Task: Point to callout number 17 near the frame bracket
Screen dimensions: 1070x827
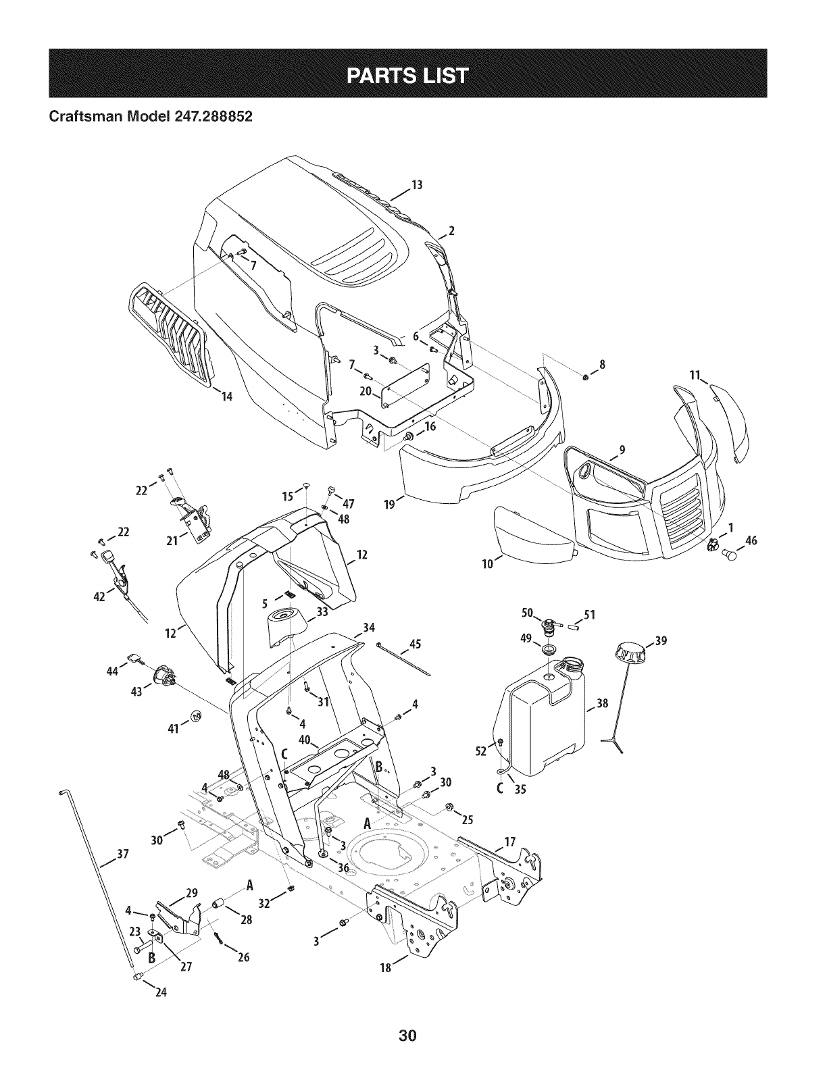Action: point(510,842)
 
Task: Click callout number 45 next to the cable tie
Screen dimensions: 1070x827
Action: point(415,644)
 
